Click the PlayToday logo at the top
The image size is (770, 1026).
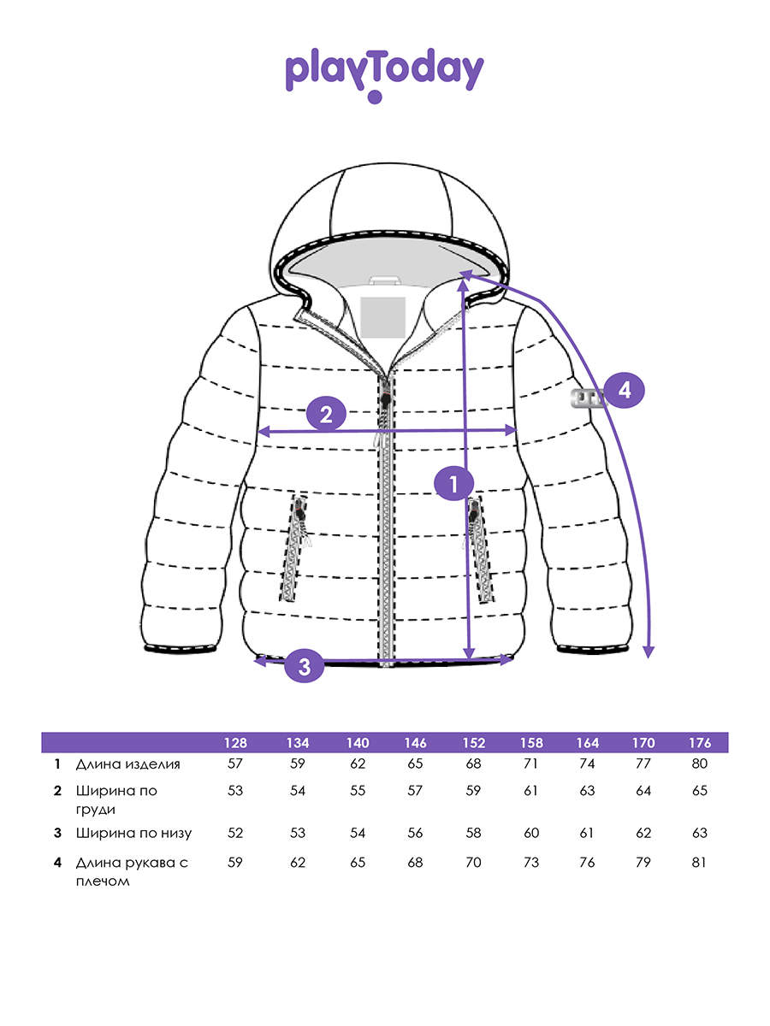pos(384,74)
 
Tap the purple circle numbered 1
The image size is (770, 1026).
pos(453,483)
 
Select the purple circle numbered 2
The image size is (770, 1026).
pos(326,415)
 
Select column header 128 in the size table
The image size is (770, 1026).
pos(235,743)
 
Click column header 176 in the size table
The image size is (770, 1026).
pos(699,743)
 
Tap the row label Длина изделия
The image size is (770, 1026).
pos(128,764)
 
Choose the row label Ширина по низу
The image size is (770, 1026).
pos(133,833)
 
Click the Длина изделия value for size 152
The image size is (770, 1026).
pos(472,764)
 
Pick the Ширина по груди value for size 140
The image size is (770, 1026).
pos(358,791)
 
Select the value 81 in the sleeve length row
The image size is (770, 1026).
pos(699,863)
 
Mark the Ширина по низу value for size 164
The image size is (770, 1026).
pos(587,833)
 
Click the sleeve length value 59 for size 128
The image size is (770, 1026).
pos(235,863)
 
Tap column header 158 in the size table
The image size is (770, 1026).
pos(530,743)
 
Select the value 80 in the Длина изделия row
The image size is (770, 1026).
pos(699,764)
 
